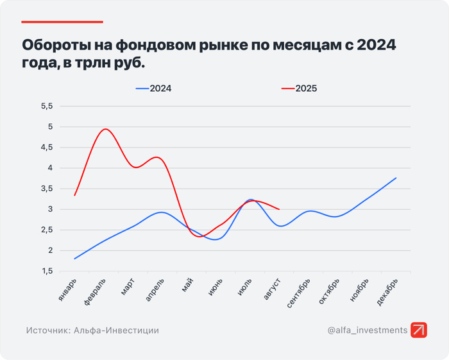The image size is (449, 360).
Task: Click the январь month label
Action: coord(69,289)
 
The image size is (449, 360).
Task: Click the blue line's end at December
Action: coord(396,178)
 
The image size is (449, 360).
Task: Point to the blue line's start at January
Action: coord(75,259)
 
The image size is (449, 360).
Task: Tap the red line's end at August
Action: coord(279,209)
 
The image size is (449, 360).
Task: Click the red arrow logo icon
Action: coord(419,330)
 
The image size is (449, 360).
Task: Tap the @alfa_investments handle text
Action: coord(367,330)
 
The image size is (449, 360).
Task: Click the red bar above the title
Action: coord(62,22)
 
